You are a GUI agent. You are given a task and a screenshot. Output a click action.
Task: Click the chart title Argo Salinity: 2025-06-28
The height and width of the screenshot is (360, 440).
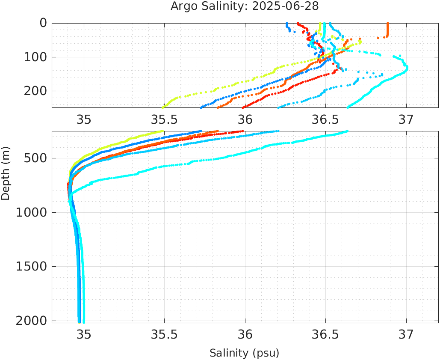245,6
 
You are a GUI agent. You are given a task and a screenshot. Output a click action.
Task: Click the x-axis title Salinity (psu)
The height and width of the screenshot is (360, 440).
244,353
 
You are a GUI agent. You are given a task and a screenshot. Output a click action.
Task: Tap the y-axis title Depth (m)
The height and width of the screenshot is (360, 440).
6,173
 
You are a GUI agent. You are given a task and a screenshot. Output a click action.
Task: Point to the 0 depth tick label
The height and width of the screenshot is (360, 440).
43,23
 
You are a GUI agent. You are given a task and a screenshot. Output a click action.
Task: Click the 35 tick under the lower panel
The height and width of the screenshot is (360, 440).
84,334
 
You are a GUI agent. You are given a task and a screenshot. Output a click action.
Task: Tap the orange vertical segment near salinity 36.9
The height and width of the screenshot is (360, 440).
387,30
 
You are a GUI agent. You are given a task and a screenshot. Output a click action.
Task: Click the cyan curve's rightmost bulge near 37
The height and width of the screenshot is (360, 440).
406,68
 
